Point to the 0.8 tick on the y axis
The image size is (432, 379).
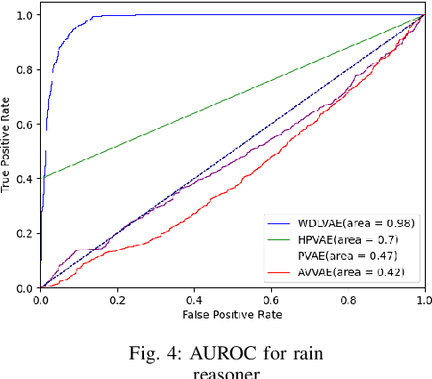28,70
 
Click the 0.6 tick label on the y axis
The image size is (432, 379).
28,125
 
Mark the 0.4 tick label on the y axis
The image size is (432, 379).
28,179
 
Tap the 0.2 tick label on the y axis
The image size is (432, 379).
28,234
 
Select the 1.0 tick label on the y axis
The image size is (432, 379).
28,16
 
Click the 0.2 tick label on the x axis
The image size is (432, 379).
118,301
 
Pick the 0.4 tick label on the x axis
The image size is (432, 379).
195,301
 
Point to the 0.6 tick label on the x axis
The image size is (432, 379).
271,301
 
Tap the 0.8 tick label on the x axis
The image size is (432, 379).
348,301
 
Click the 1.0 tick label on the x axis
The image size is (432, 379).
424,301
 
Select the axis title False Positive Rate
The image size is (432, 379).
233,317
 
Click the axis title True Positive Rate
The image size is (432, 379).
8,152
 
